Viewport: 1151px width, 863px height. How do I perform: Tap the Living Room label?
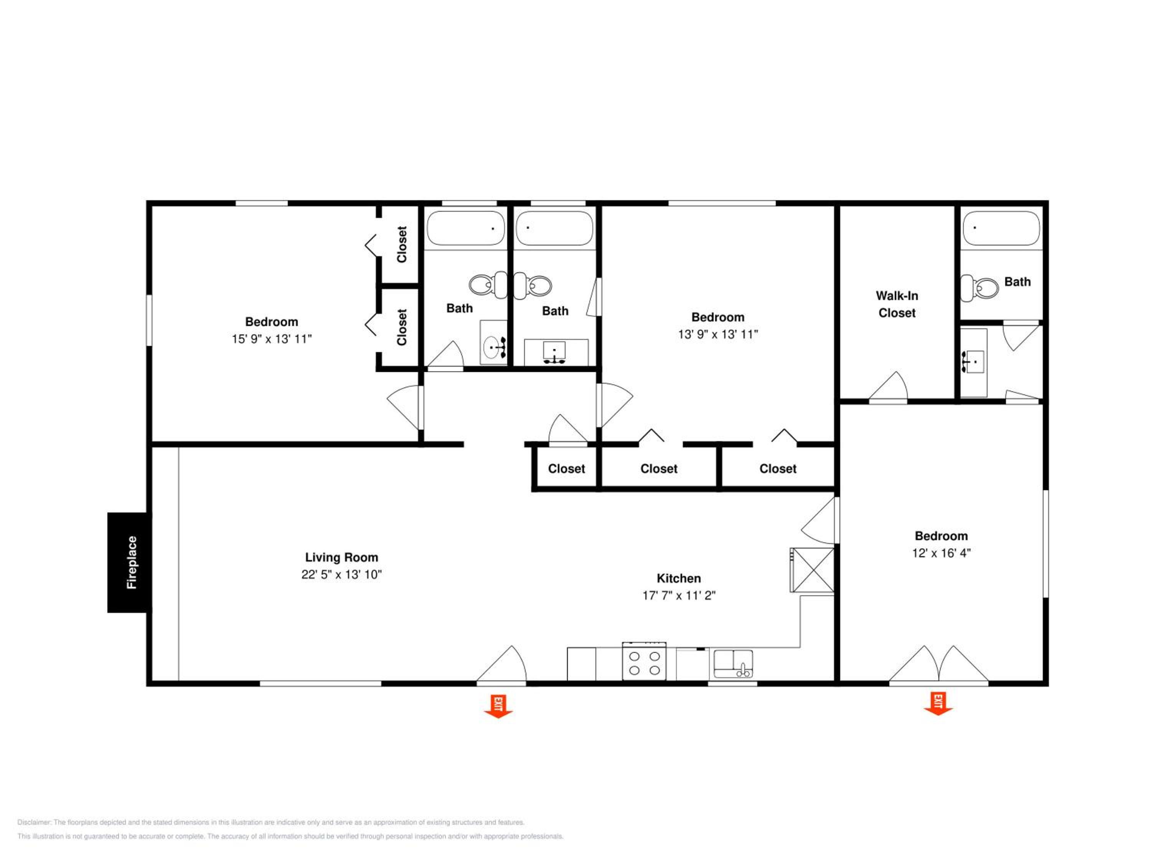(x=341, y=557)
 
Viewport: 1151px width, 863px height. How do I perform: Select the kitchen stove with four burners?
(x=644, y=661)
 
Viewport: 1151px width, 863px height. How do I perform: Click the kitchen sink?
(x=733, y=664)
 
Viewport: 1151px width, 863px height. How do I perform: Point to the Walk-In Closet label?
(x=897, y=304)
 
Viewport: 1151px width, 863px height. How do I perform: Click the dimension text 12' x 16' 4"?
(x=941, y=553)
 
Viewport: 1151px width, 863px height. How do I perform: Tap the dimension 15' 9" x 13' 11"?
(x=272, y=339)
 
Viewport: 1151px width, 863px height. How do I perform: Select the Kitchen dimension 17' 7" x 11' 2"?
(x=679, y=595)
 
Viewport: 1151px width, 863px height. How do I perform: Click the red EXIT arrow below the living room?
(x=498, y=707)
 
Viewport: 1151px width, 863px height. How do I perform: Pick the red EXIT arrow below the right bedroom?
(x=938, y=704)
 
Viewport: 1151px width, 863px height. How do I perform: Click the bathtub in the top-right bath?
(x=1001, y=228)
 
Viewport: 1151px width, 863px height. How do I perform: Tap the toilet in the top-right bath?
(x=979, y=288)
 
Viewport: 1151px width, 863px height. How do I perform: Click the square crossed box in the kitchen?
(x=812, y=570)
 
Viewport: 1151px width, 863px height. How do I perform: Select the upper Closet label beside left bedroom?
(x=402, y=244)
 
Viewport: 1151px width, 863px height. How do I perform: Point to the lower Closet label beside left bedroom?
(x=402, y=327)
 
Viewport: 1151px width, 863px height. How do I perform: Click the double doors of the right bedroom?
(x=938, y=664)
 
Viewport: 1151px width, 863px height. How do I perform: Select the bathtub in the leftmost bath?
(x=466, y=228)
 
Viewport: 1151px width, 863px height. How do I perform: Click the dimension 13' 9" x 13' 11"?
(x=718, y=334)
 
